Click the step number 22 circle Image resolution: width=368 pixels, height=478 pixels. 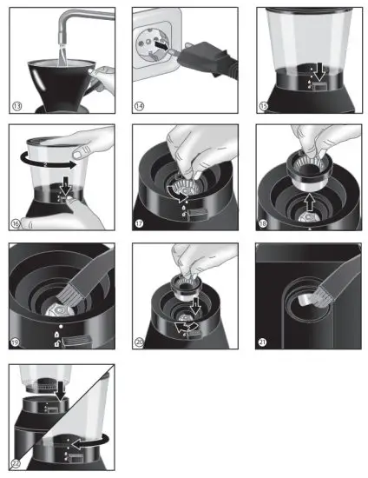pyautogui.click(x=17, y=463)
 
